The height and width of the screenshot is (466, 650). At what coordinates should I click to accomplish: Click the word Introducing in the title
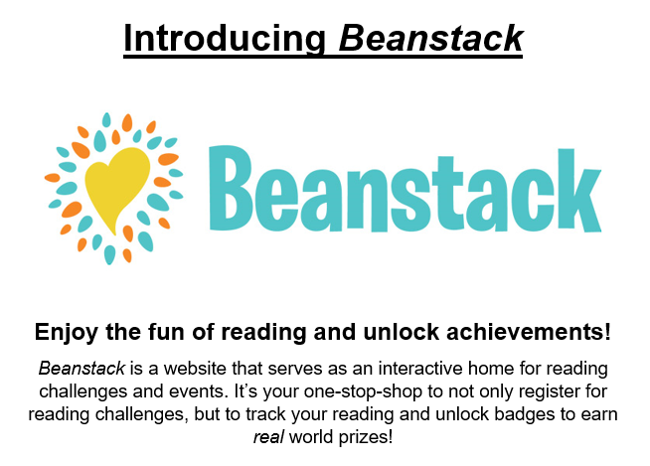pos(225,38)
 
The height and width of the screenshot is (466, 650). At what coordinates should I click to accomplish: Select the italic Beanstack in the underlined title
pos(431,38)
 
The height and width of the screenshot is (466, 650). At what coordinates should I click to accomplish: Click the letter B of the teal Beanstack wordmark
pos(231,188)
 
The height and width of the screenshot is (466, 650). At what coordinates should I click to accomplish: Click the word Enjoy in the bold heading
pos(67,333)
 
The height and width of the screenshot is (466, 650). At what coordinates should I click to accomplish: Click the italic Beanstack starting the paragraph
pos(81,369)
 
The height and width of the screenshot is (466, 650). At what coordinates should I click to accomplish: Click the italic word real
pos(268,437)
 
